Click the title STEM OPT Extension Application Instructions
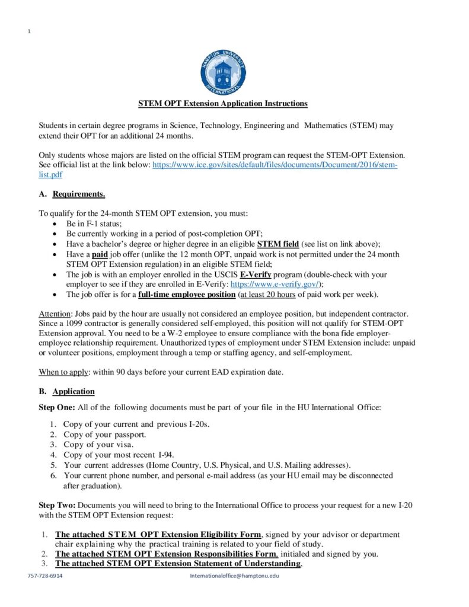click(x=223, y=104)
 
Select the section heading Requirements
click(x=79, y=194)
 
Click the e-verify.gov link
click(x=275, y=285)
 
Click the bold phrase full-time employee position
click(x=186, y=295)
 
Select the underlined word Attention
click(x=55, y=313)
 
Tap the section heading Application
click(x=73, y=392)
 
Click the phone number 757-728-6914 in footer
click(x=45, y=576)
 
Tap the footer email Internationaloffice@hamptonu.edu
click(x=234, y=576)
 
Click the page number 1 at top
click(x=29, y=31)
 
